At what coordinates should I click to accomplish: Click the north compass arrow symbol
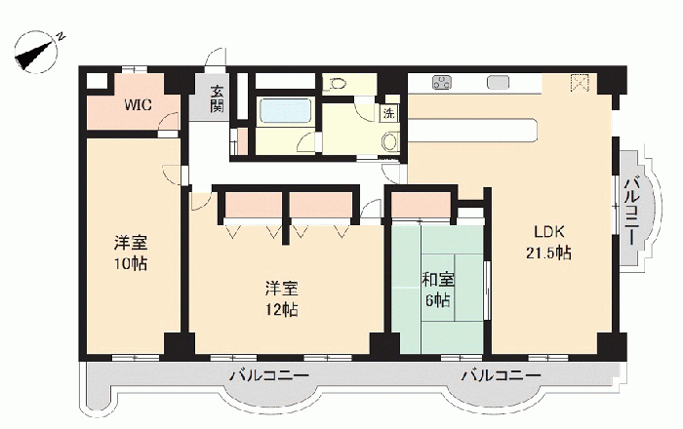37,53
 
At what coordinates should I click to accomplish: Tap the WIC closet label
138,105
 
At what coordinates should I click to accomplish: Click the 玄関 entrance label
217,99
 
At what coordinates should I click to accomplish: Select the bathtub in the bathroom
286,112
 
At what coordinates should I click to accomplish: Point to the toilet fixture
336,83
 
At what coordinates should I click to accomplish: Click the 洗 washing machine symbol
388,113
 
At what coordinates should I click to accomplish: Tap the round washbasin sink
390,141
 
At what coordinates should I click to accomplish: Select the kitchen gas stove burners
442,82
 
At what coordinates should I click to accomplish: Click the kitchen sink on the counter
498,82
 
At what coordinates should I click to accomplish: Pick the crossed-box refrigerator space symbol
580,83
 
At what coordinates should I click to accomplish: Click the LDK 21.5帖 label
549,243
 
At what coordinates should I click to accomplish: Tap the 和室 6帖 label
438,290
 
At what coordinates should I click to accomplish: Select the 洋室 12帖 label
282,298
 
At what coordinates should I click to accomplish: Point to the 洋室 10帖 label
131,253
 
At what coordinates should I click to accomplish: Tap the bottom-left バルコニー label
269,375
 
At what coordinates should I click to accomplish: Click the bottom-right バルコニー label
502,375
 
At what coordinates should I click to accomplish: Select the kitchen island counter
473,130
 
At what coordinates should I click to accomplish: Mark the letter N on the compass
61,36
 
